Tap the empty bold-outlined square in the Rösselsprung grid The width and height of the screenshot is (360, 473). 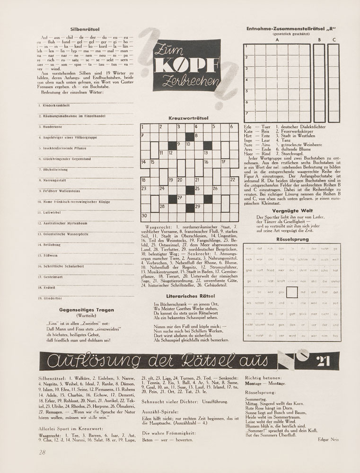pyautogui.click(x=292, y=292)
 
